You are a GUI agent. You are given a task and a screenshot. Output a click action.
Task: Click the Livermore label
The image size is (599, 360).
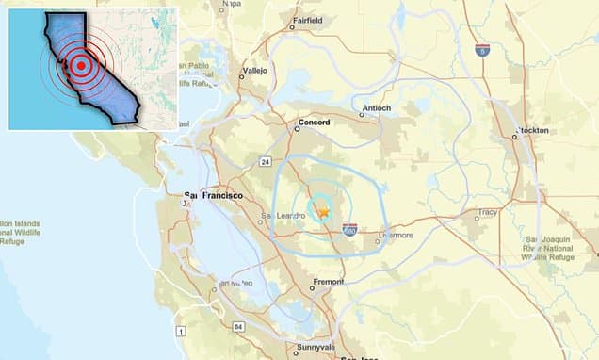pos(395,235)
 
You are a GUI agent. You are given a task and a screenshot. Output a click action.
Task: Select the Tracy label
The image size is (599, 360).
pos(487,212)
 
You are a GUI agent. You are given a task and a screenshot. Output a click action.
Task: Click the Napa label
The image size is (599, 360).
pos(231,4)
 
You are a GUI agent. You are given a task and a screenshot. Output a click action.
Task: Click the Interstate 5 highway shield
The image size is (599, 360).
pos(482,49)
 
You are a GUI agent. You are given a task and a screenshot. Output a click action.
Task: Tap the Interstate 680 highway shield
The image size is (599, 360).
pos(349,228)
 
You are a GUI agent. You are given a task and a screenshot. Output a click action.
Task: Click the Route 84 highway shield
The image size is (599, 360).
pos(239,326)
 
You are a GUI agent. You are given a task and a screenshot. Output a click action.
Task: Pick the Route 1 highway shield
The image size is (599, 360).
pos(180,331)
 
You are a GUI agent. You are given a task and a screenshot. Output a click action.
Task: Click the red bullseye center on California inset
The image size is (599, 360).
pos(81,66)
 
